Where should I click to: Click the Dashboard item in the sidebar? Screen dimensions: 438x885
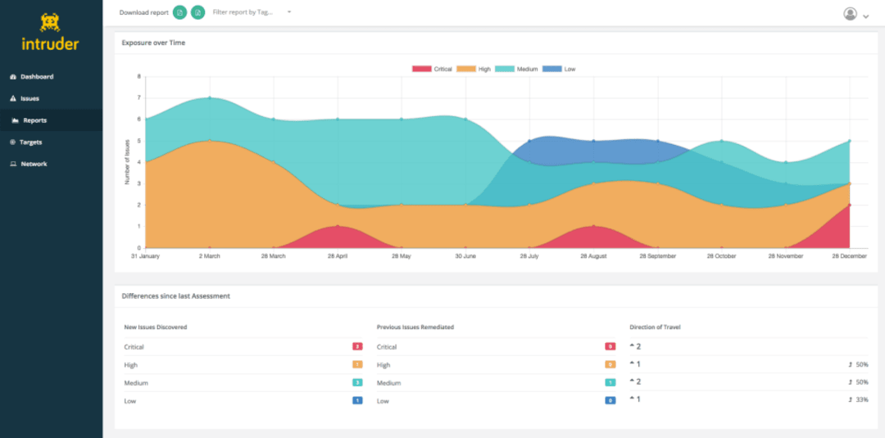click(36, 77)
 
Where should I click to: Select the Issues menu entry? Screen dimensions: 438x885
click(29, 98)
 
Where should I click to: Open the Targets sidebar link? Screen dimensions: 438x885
click(31, 142)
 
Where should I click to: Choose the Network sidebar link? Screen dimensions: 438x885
click(34, 164)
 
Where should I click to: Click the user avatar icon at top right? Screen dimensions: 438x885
click(851, 14)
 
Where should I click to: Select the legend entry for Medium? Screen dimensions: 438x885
click(516, 69)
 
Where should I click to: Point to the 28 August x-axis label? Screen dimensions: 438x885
click(593, 256)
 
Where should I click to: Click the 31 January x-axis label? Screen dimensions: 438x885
click(145, 256)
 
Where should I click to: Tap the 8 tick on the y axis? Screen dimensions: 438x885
click(138, 76)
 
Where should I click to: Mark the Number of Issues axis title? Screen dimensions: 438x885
click(128, 162)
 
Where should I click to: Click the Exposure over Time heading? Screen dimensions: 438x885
click(153, 43)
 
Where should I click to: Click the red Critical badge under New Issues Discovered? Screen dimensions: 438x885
click(357, 347)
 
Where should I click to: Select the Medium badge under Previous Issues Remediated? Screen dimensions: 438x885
click(610, 382)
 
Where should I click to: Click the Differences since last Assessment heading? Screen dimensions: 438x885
click(175, 296)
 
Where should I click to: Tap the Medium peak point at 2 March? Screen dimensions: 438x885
click(210, 97)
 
